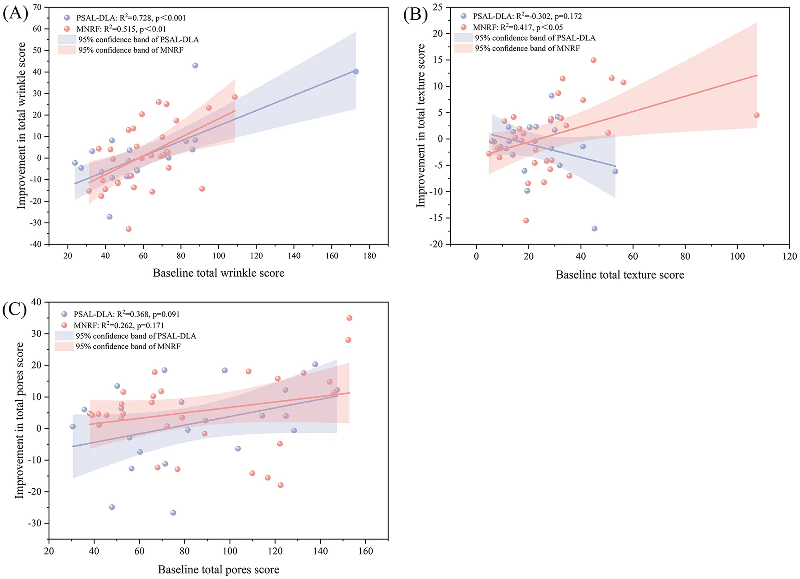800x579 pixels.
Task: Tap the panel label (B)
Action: pos(415,15)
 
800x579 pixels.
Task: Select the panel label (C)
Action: pos(15,309)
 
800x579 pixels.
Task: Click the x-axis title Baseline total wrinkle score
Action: pos(219,273)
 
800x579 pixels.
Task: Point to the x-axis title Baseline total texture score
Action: pos(620,275)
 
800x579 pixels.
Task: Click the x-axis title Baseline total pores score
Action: pos(219,569)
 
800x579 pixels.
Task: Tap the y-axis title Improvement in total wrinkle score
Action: pos(21,125)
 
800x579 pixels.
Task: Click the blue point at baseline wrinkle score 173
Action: pos(355,72)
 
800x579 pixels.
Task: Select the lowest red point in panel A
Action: pos(129,229)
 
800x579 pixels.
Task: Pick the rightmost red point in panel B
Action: pos(757,115)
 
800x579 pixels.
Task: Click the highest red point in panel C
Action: pos(349,318)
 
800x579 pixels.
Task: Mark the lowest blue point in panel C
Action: pos(173,513)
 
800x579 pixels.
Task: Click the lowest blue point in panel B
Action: pos(594,229)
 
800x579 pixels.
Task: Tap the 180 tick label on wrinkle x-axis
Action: pos(369,256)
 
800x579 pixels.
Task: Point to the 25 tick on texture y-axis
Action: pos(438,7)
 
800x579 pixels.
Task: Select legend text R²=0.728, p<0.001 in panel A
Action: pos(152,18)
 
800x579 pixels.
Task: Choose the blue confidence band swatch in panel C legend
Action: pos(64,336)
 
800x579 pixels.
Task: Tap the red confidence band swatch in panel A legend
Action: pos(67,50)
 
